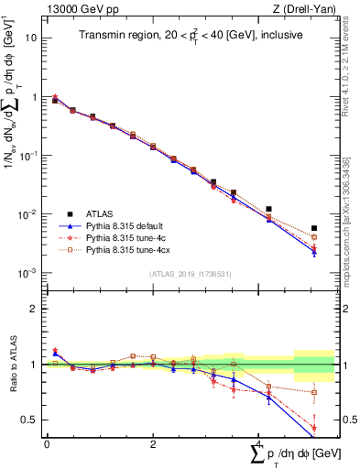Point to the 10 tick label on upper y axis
click(31, 38)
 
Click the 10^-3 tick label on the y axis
click(28, 273)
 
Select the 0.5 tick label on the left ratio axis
click(29, 420)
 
